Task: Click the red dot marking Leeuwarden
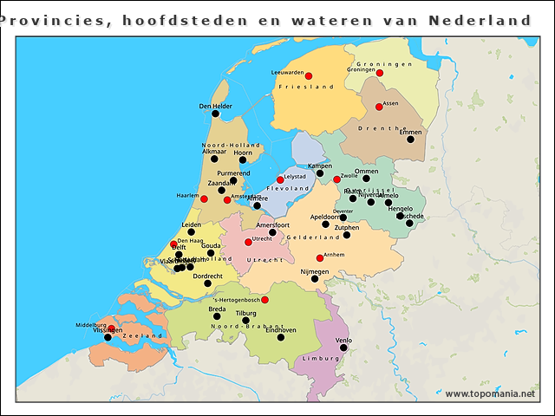pyautogui.click(x=308, y=75)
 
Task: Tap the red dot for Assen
pyautogui.click(x=379, y=107)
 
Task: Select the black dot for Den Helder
pyautogui.click(x=215, y=114)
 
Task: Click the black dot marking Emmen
pyautogui.click(x=410, y=139)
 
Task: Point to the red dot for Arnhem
pyautogui.click(x=320, y=257)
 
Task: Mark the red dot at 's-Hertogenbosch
pyautogui.click(x=265, y=300)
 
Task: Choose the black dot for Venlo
pyautogui.click(x=343, y=348)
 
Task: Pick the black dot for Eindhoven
pyautogui.click(x=280, y=336)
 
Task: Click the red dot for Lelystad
pyautogui.click(x=280, y=179)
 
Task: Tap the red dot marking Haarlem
pyautogui.click(x=205, y=198)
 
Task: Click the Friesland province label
pyautogui.click(x=307, y=88)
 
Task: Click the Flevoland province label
pyautogui.click(x=288, y=187)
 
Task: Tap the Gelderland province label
pyautogui.click(x=312, y=237)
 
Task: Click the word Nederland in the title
pyautogui.click(x=480, y=19)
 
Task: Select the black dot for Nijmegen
pyautogui.click(x=315, y=279)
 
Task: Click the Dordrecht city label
pyautogui.click(x=207, y=276)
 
